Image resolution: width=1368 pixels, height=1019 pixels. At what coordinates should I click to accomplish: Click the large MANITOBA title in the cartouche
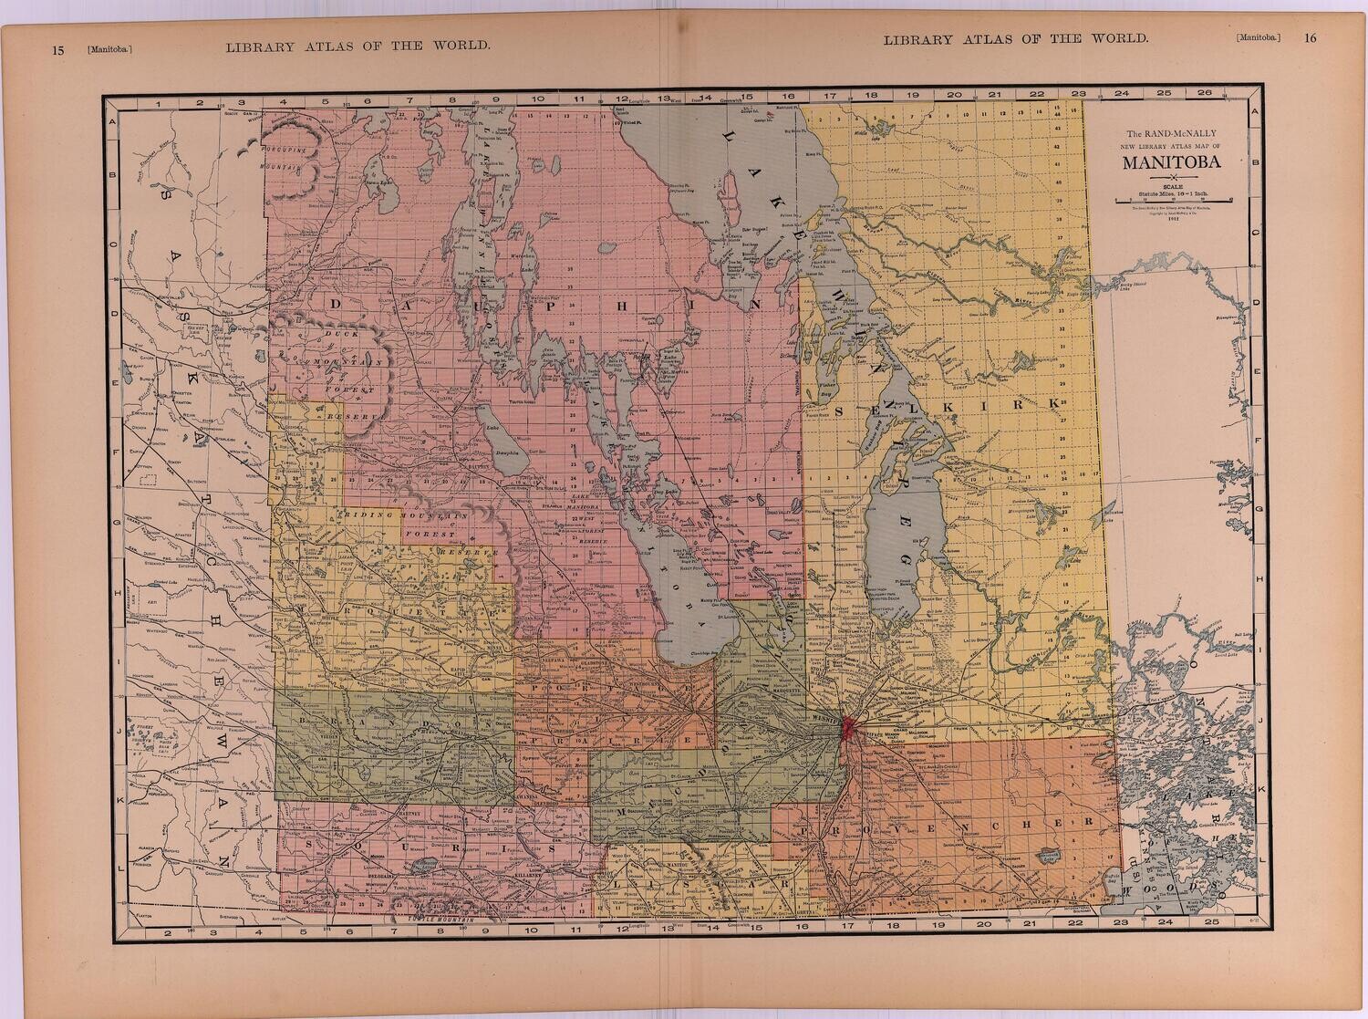click(1172, 165)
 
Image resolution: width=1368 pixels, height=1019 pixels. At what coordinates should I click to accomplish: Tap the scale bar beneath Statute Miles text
click(1172, 198)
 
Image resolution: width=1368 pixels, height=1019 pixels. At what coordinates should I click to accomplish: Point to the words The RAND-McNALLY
click(1172, 134)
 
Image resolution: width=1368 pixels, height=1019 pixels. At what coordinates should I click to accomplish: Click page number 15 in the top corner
click(57, 51)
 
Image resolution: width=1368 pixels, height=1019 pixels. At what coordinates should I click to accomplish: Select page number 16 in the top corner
click(1311, 38)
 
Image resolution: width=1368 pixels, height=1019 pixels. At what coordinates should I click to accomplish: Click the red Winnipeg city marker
click(848, 727)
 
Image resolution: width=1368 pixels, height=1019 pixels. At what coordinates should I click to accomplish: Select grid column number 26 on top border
click(1204, 93)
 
